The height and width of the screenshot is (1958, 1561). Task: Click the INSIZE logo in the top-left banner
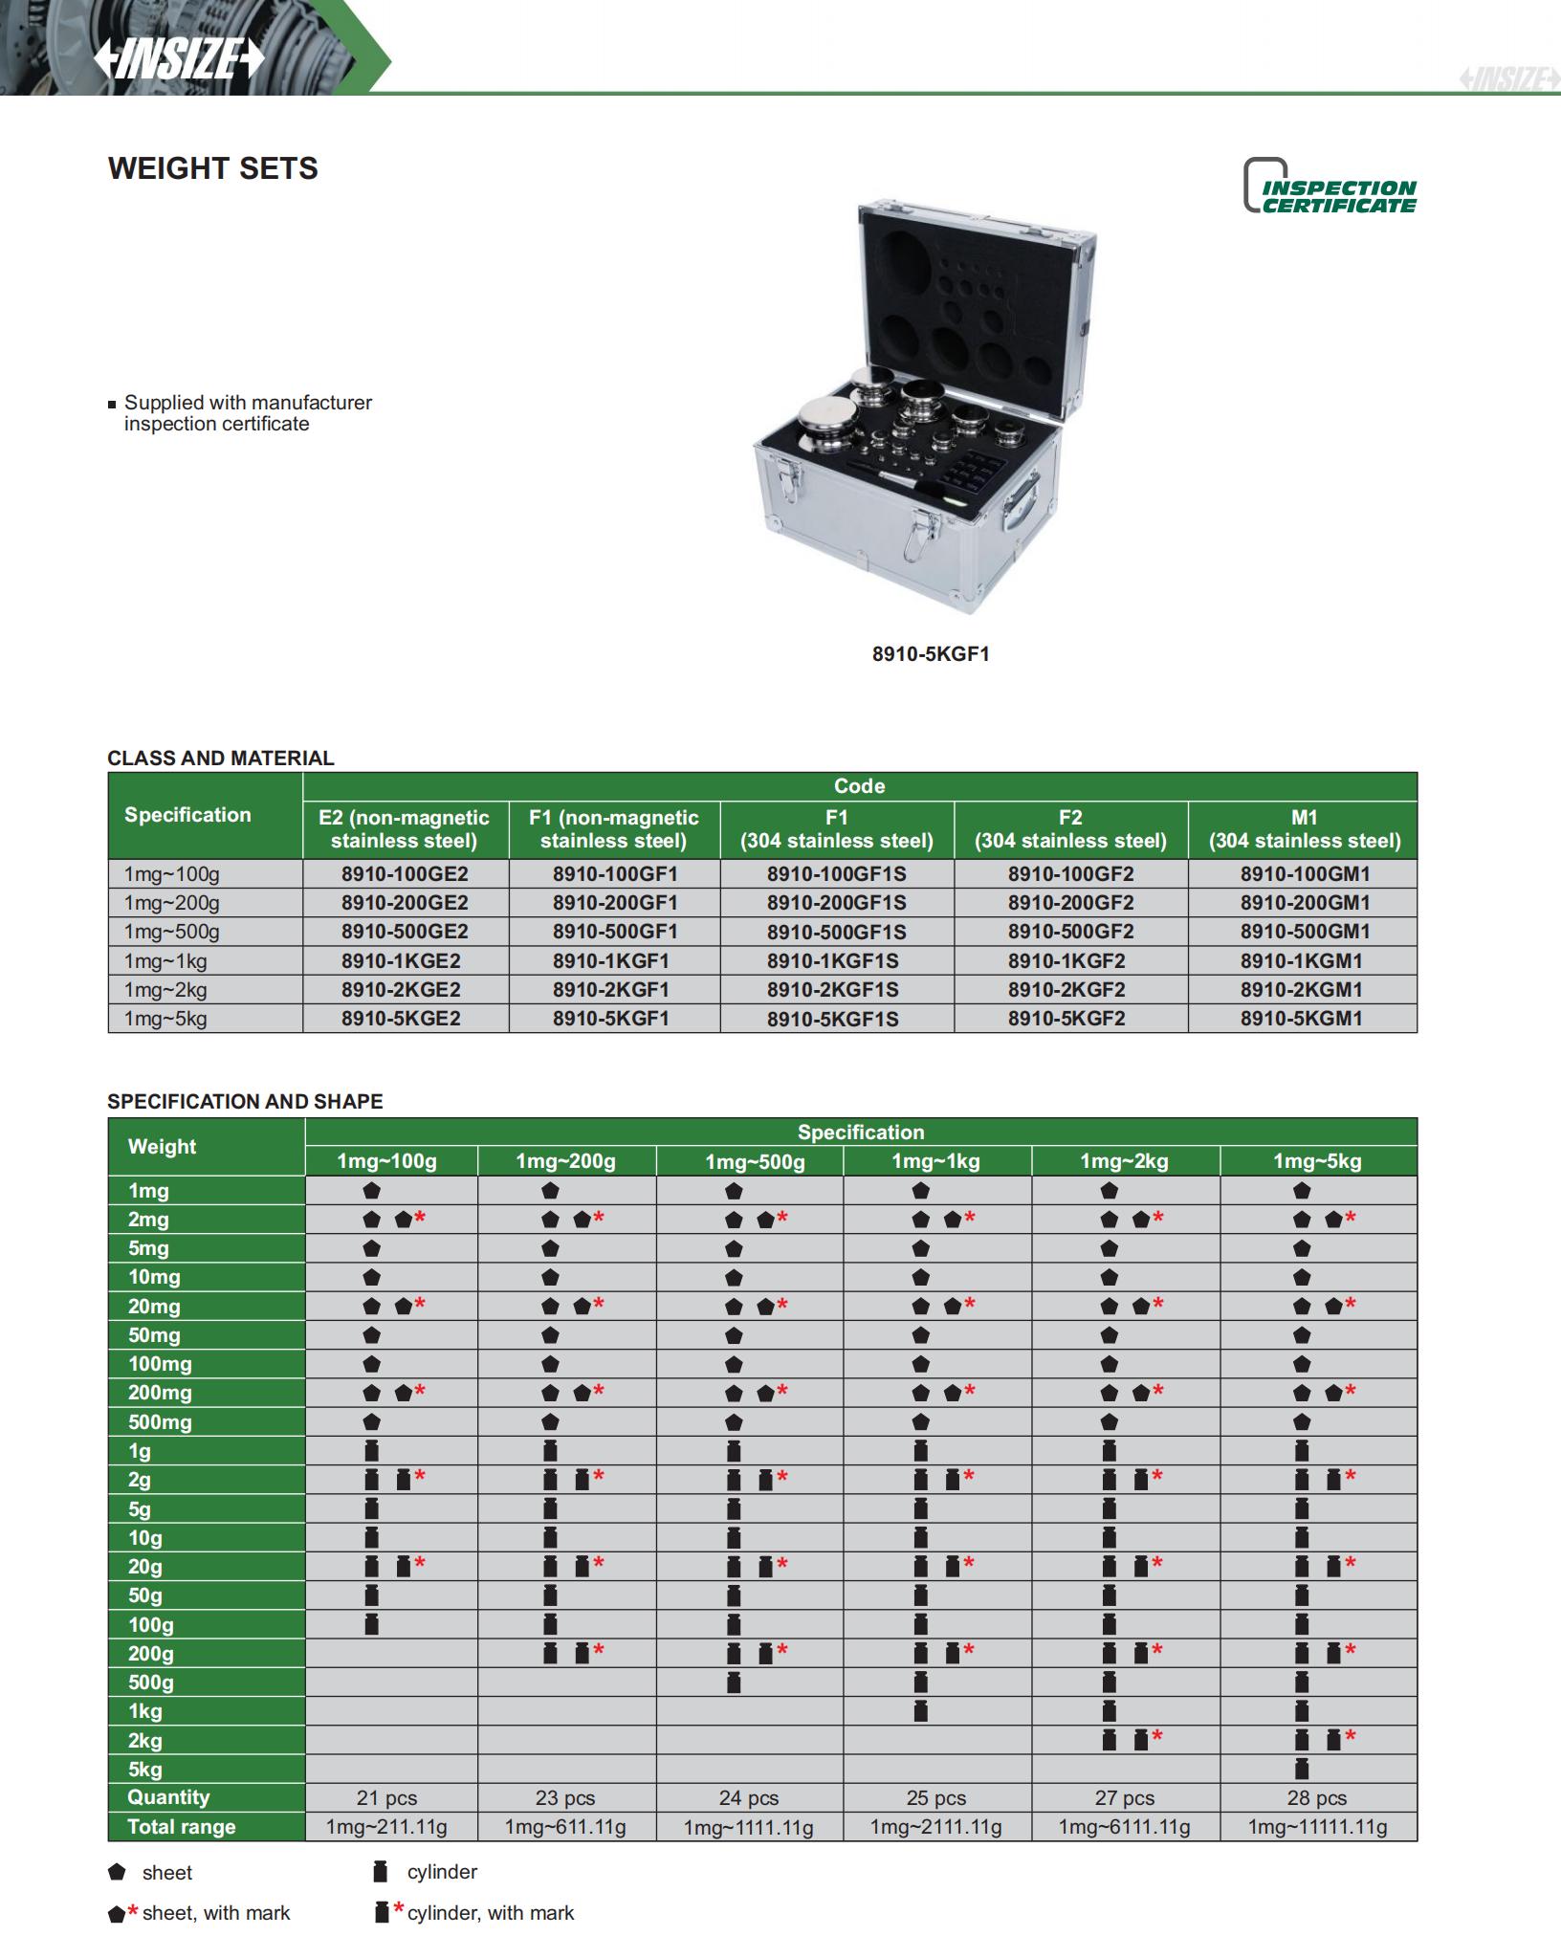(179, 59)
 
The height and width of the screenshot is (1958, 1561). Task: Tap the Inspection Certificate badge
(1330, 187)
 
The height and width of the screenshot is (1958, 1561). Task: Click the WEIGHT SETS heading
(213, 168)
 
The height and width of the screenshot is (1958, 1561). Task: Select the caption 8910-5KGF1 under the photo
(930, 654)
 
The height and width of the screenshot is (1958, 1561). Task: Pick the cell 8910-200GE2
(405, 903)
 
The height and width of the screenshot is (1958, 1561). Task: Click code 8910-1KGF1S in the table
(832, 961)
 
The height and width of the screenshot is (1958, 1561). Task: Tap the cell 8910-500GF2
(1070, 932)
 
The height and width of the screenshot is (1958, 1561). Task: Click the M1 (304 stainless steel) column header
(1304, 829)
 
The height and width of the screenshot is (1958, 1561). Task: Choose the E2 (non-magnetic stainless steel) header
(404, 829)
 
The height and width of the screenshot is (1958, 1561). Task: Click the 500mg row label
(160, 1422)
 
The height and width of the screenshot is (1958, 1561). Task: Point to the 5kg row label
(145, 1770)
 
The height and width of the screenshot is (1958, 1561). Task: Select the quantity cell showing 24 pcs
(748, 1798)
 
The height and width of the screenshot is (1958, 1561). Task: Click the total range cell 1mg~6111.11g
(1124, 1827)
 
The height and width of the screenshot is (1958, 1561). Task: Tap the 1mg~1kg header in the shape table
(935, 1161)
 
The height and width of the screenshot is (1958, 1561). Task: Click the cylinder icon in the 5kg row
(1301, 1769)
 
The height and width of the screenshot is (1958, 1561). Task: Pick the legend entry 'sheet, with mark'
(215, 1913)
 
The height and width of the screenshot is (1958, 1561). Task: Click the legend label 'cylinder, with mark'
(490, 1913)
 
